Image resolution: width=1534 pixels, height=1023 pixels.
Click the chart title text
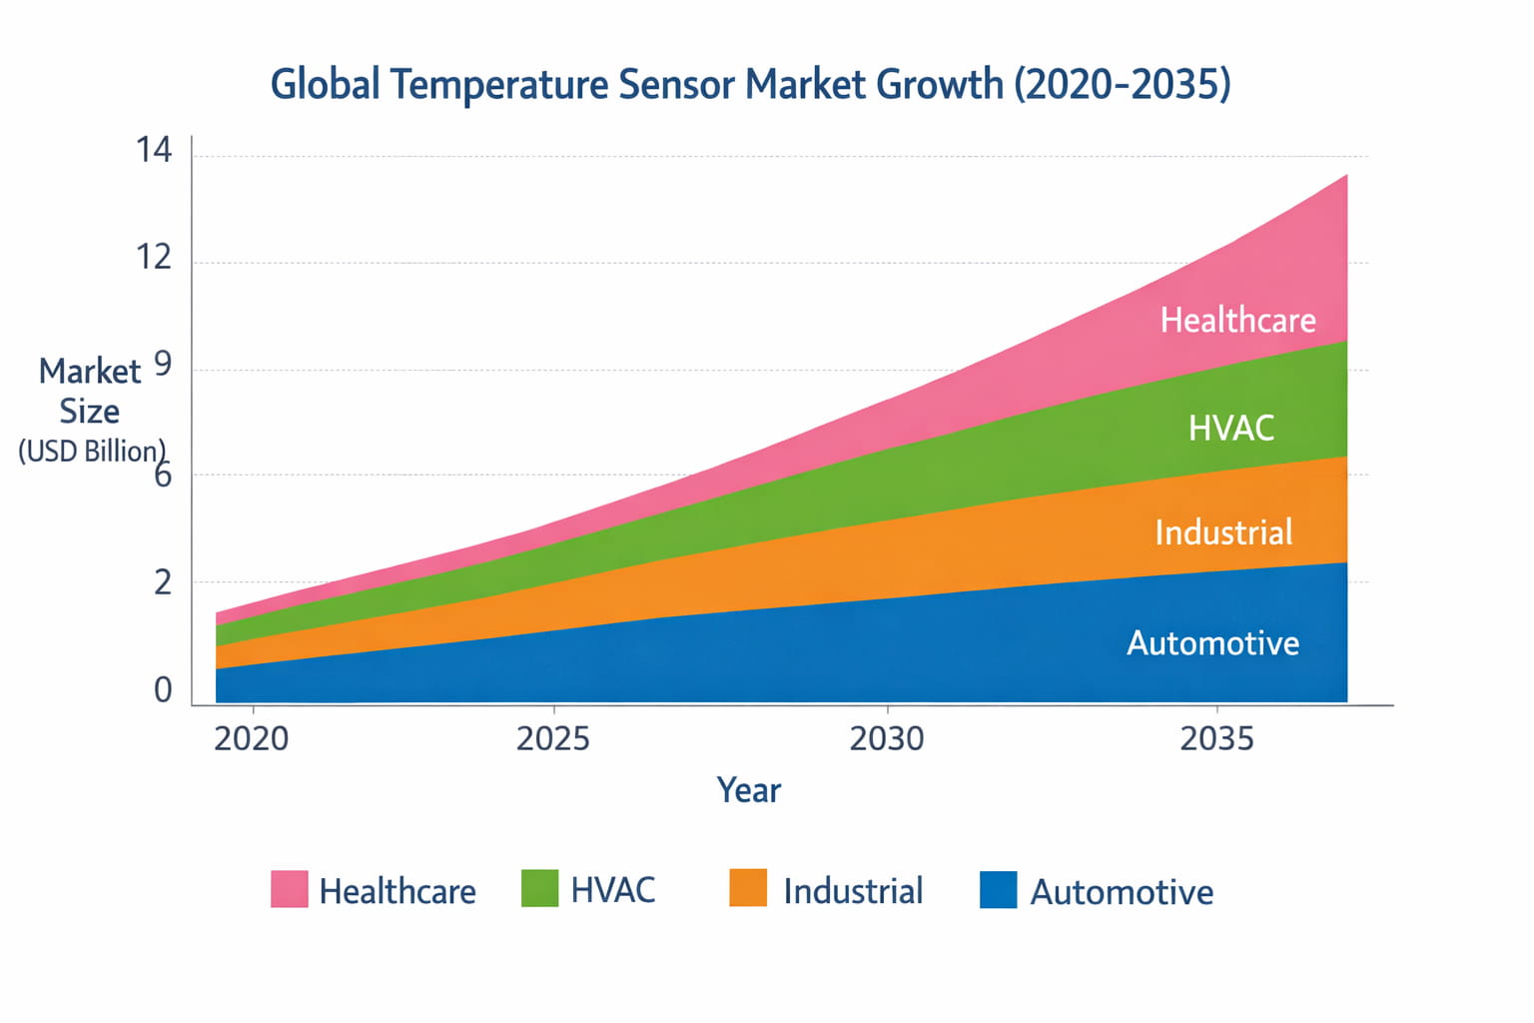point(750,84)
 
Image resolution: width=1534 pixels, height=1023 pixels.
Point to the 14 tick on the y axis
point(154,151)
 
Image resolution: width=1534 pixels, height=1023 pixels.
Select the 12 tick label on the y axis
point(154,258)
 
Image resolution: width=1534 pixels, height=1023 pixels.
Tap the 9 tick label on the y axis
point(162,366)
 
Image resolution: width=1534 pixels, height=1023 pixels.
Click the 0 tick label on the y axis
point(162,690)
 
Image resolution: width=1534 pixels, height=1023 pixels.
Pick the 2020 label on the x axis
point(251,739)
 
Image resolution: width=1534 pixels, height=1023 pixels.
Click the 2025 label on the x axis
point(552,739)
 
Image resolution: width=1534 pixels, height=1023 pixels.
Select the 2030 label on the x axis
point(886,739)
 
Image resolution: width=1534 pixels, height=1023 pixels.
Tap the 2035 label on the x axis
point(1216,739)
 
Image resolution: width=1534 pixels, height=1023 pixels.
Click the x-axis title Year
point(748,790)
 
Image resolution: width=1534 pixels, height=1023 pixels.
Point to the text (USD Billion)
point(91,452)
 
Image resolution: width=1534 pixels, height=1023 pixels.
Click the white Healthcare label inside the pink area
point(1237,321)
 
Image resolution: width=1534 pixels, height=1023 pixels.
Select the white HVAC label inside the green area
point(1230,429)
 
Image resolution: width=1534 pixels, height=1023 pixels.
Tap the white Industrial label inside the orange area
point(1223,532)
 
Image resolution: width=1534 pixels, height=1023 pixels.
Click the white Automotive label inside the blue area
point(1212,643)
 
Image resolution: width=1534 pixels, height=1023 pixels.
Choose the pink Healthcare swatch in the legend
point(289,889)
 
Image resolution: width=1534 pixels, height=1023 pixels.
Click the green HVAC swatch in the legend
point(539,888)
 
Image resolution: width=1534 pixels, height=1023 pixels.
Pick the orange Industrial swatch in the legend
point(748,888)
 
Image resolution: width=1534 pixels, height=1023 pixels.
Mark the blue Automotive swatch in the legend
point(998,890)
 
